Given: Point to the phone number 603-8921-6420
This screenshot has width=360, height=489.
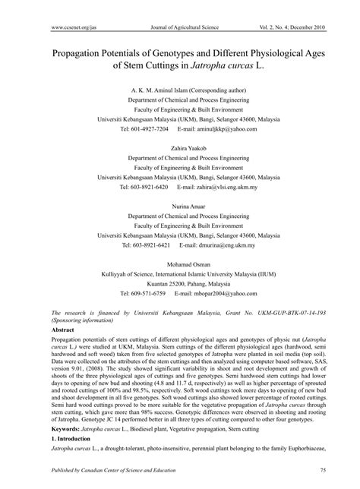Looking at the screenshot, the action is [x=145, y=186].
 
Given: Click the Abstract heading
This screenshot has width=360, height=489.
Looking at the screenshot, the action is [x=42, y=331].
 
